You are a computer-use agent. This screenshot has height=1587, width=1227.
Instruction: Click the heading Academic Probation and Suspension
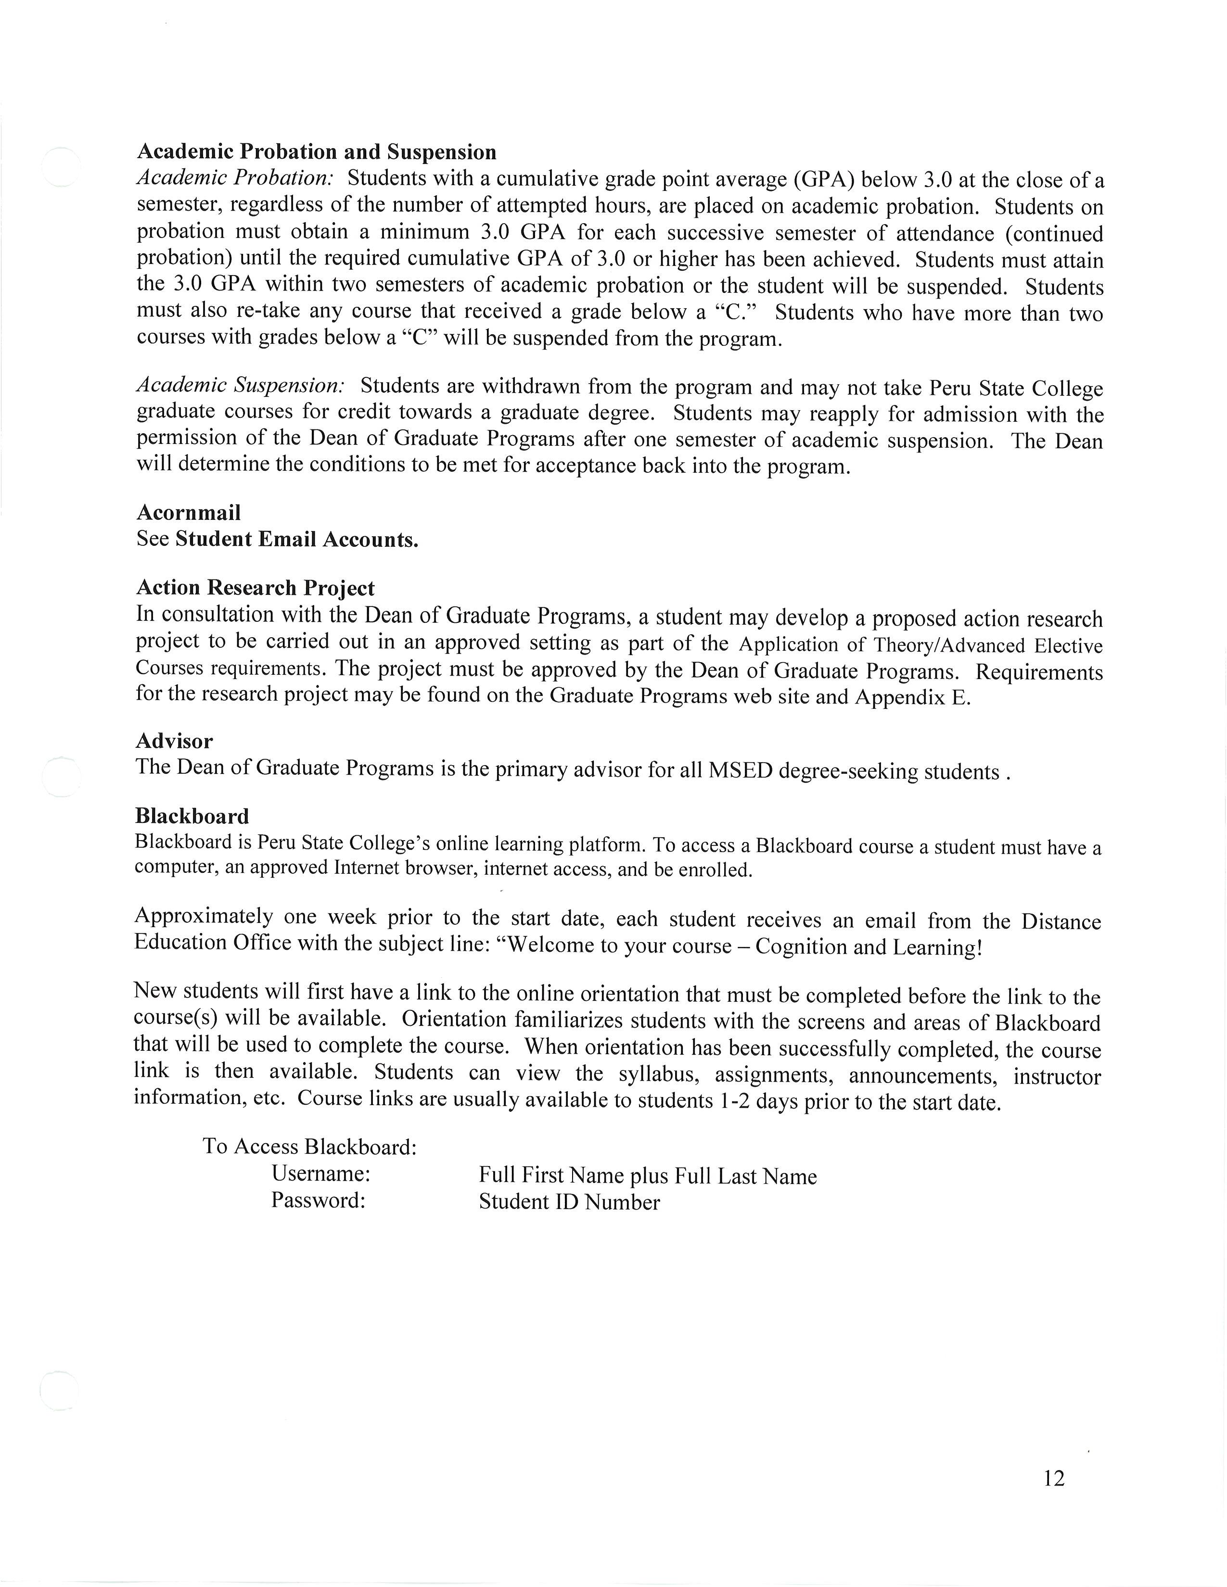coord(316,152)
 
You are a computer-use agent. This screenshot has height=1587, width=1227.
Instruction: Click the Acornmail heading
coord(188,513)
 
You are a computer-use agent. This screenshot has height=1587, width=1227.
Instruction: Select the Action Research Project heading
coord(255,587)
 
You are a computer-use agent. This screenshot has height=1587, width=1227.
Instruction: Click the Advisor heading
coord(175,741)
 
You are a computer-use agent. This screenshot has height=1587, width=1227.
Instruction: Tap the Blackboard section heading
coord(192,816)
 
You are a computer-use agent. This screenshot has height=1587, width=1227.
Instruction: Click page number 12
coord(1053,1478)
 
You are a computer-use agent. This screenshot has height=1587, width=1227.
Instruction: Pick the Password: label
coord(318,1200)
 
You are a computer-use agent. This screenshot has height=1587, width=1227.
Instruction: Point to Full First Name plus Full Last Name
coord(647,1176)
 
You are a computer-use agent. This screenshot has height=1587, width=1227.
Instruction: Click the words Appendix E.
coord(912,698)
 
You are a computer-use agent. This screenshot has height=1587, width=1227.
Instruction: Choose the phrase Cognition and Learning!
coord(869,947)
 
